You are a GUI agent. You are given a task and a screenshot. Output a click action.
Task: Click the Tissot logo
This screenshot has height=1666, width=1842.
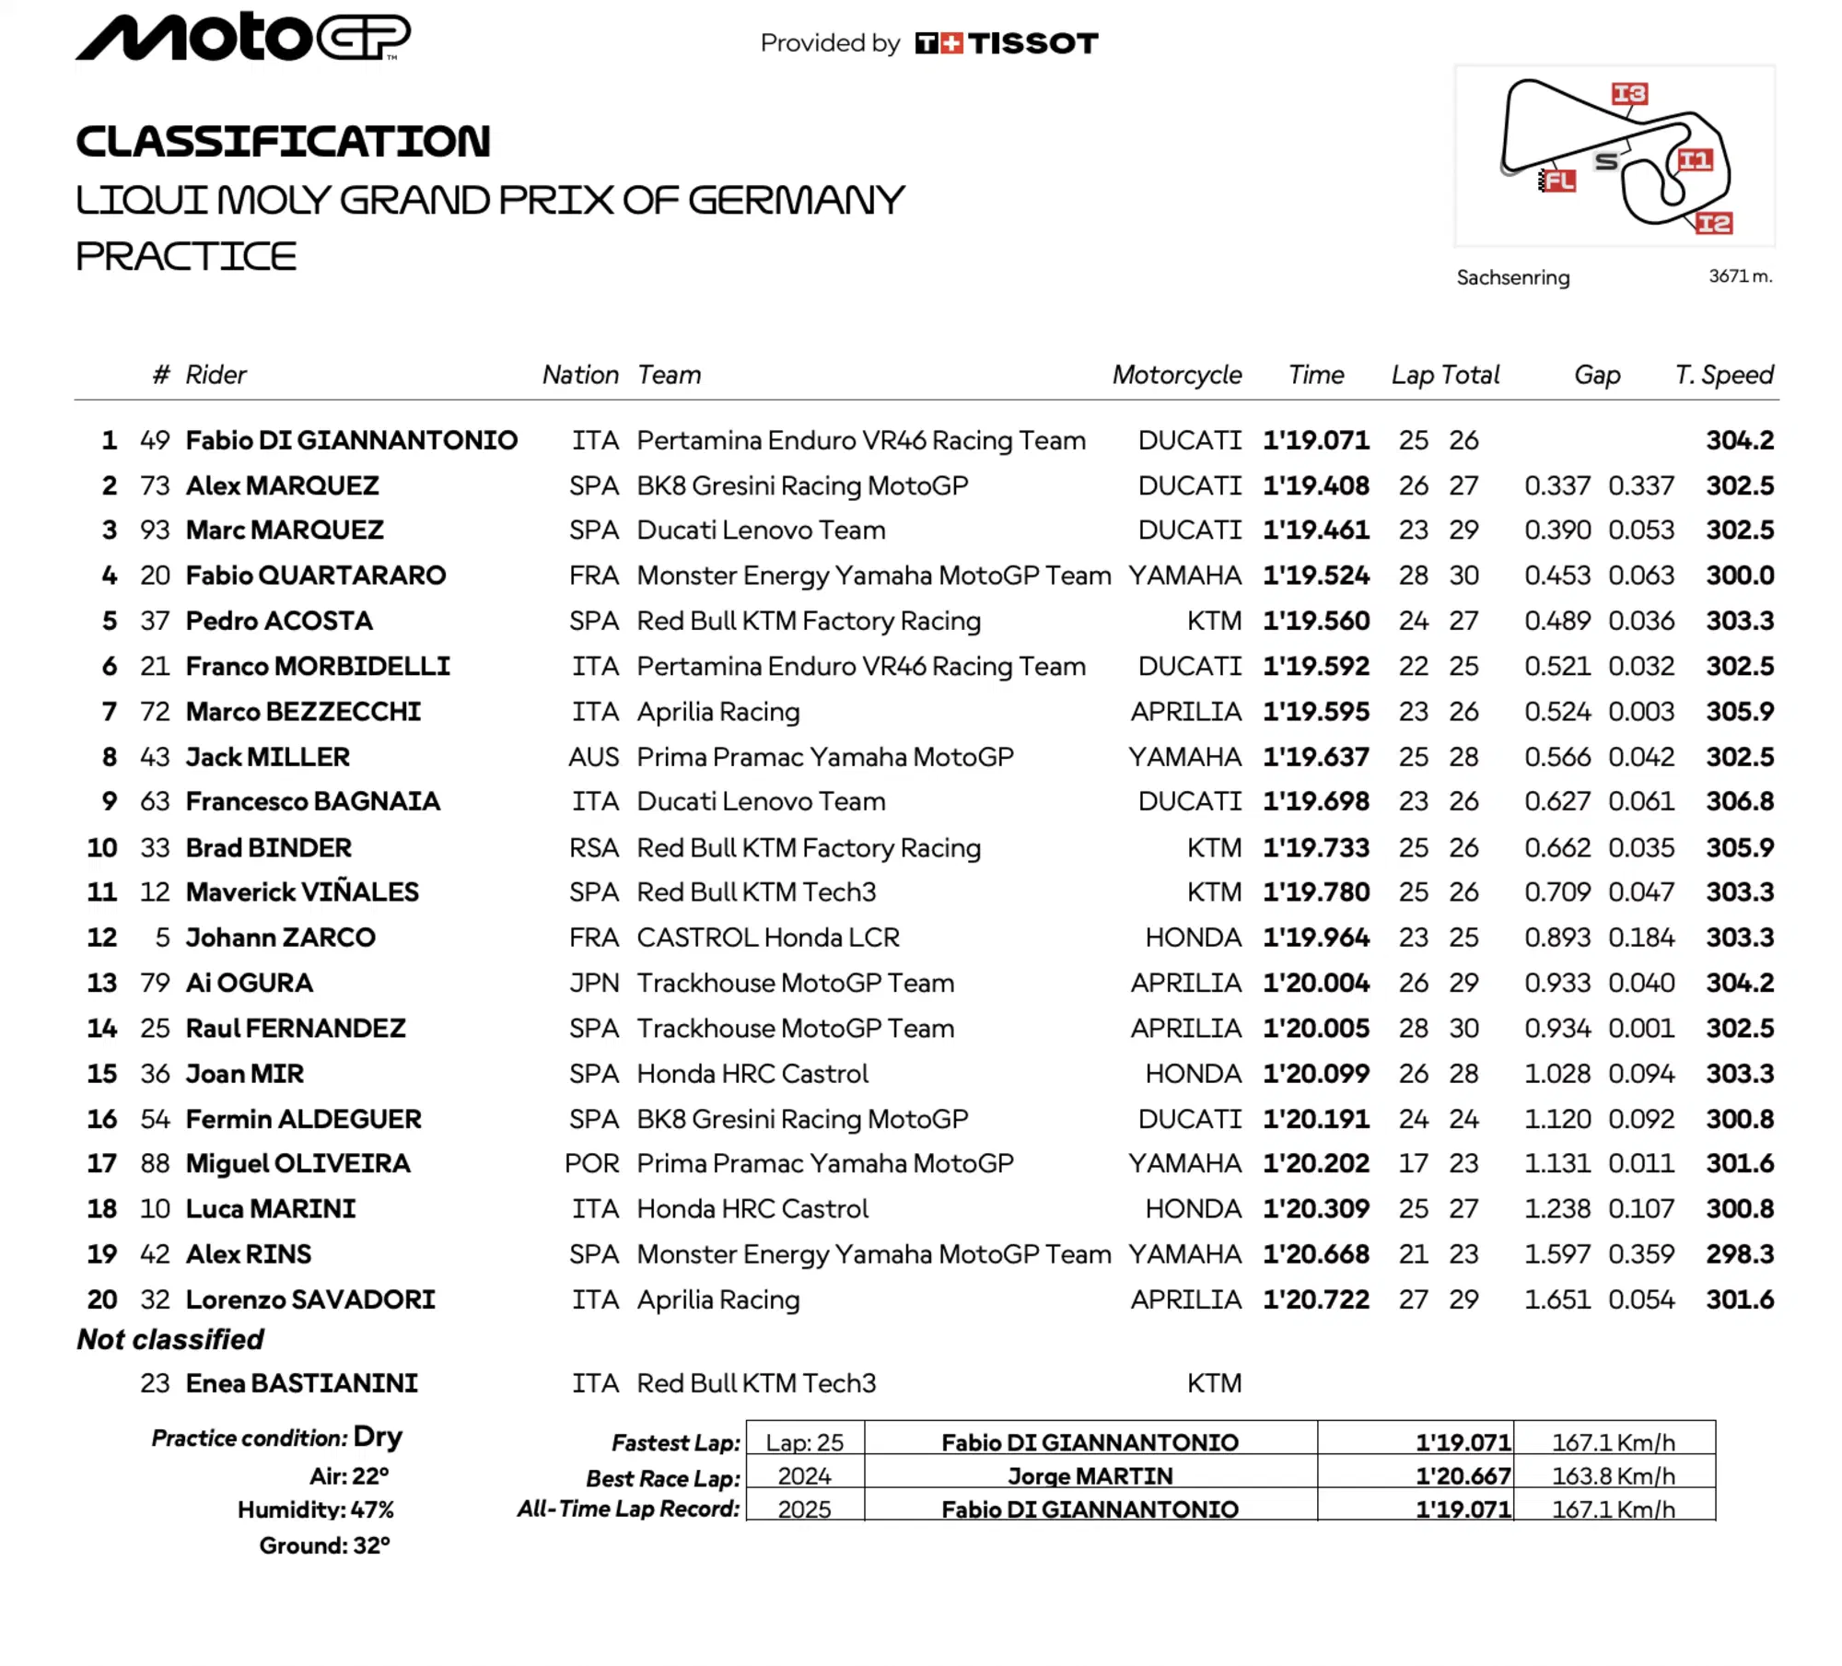[1006, 43]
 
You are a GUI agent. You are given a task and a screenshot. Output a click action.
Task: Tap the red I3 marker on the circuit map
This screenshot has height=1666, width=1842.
[1628, 94]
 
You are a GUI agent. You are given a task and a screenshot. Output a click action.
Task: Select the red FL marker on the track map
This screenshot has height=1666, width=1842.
[1558, 181]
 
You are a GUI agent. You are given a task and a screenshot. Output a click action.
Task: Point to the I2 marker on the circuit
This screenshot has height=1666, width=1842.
[1713, 223]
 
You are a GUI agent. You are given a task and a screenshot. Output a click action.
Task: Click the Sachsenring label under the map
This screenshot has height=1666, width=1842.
[1512, 277]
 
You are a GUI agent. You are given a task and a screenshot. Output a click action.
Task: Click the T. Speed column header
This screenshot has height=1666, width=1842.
[1723, 375]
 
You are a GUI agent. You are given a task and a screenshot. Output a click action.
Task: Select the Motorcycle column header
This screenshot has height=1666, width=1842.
[1176, 375]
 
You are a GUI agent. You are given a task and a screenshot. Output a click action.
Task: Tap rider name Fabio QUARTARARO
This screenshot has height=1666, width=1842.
[315, 576]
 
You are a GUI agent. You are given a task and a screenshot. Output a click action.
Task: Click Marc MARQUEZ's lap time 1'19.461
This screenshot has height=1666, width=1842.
[1315, 530]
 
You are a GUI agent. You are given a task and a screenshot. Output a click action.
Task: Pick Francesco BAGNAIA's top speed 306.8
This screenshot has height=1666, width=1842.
[1739, 801]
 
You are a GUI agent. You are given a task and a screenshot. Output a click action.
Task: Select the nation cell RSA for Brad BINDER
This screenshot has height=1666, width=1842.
[593, 847]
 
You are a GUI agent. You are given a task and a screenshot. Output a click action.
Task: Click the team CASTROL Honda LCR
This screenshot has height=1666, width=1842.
[767, 938]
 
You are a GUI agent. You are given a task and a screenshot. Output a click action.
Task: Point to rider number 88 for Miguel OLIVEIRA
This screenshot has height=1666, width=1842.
[155, 1163]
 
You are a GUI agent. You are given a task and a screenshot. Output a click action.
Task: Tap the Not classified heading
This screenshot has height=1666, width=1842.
[170, 1339]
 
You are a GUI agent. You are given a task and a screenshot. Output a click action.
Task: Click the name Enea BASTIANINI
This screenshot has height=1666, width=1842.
[301, 1383]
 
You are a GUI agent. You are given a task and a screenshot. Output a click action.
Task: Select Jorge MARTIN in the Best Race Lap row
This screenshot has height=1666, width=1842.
[1090, 1476]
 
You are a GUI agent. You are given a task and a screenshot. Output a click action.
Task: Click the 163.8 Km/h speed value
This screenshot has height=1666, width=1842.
[1613, 1476]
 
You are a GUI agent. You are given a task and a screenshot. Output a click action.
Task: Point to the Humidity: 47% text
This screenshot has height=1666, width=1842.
[315, 1509]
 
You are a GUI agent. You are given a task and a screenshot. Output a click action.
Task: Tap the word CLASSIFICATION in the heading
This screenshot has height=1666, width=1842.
[283, 141]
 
